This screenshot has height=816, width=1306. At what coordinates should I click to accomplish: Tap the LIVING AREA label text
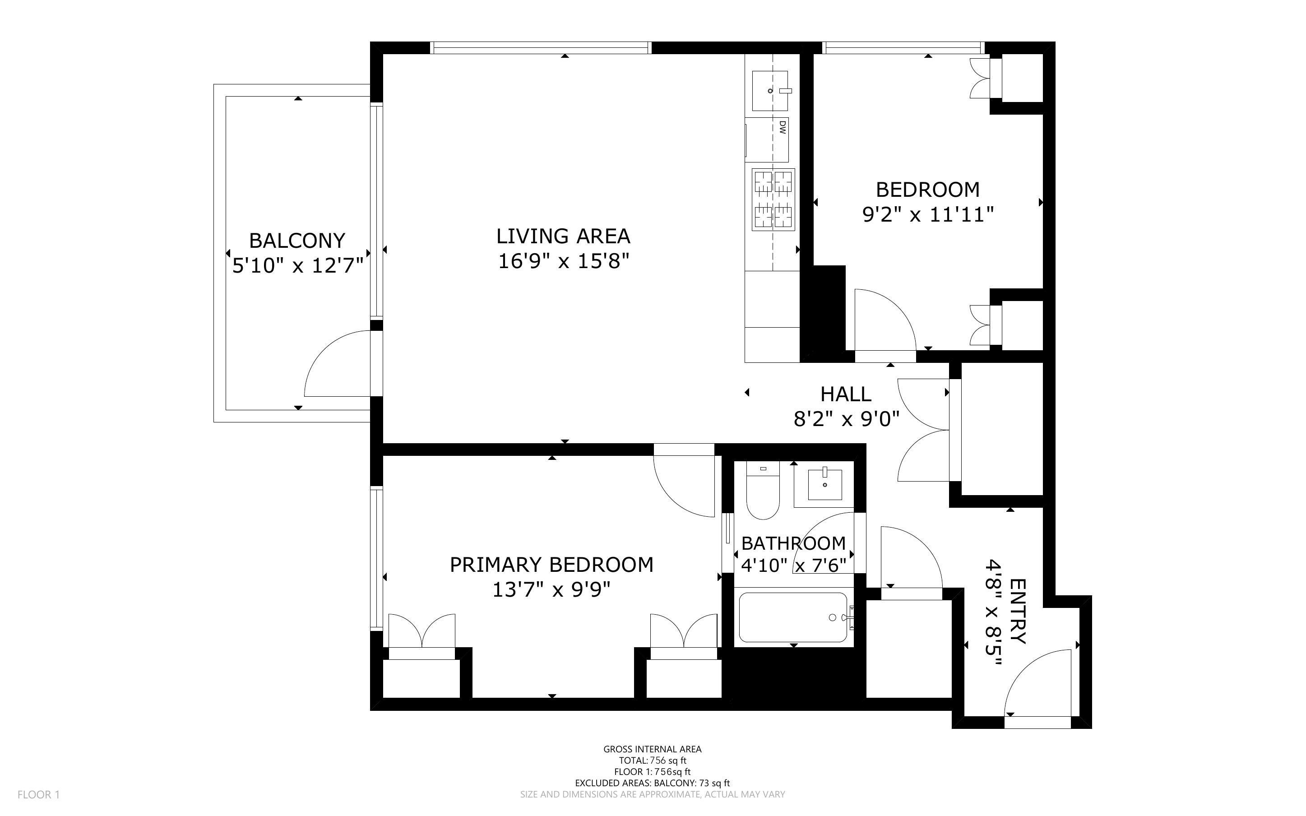563,236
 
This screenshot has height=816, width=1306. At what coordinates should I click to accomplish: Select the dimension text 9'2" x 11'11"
928,215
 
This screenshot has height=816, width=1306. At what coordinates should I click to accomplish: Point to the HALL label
845,394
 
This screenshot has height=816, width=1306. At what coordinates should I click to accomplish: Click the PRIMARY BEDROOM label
551,565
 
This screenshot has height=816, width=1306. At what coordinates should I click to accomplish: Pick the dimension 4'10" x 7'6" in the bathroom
793,565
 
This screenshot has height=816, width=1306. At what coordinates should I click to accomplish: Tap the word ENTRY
1017,612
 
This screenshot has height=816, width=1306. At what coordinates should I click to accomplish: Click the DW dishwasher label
782,127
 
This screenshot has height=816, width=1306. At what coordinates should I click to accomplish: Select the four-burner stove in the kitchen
773,199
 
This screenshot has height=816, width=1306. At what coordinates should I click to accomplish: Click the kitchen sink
773,90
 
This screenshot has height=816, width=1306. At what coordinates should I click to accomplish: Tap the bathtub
793,617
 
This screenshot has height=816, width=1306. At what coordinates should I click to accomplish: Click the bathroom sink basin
824,484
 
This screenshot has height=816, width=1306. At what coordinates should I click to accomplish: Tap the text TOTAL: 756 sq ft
652,760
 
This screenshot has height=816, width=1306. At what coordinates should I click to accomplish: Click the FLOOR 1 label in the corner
38,794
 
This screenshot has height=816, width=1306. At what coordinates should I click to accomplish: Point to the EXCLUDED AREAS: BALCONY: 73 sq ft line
652,783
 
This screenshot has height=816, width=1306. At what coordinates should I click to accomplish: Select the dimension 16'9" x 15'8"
563,261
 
